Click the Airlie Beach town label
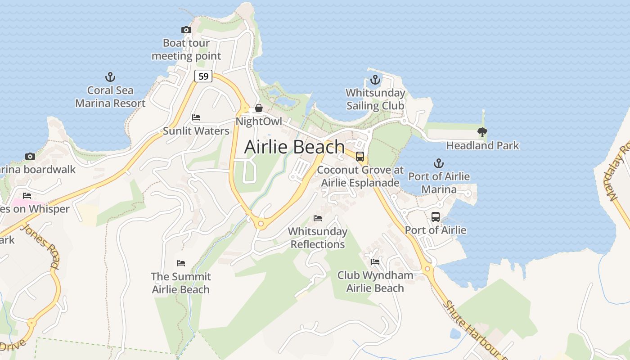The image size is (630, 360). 294,147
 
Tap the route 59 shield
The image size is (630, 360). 203,76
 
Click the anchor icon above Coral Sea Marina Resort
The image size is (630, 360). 110,77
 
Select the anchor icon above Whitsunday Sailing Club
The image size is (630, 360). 375,80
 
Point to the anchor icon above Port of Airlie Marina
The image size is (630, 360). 438,163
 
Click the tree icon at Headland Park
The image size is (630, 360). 482,132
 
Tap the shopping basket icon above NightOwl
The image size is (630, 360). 259,108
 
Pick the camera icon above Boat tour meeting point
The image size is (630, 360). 186,30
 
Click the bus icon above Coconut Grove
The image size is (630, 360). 360,157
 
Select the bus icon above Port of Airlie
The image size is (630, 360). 436,216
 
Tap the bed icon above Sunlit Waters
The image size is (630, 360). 196,117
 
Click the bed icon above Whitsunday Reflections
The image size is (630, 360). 318,218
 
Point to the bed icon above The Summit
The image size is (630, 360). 181,263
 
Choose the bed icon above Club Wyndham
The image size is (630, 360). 375,261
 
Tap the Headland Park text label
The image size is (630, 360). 482,145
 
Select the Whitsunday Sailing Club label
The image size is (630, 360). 375,99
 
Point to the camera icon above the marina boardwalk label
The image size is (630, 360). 30,156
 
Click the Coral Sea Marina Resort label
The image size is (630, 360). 110,97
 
